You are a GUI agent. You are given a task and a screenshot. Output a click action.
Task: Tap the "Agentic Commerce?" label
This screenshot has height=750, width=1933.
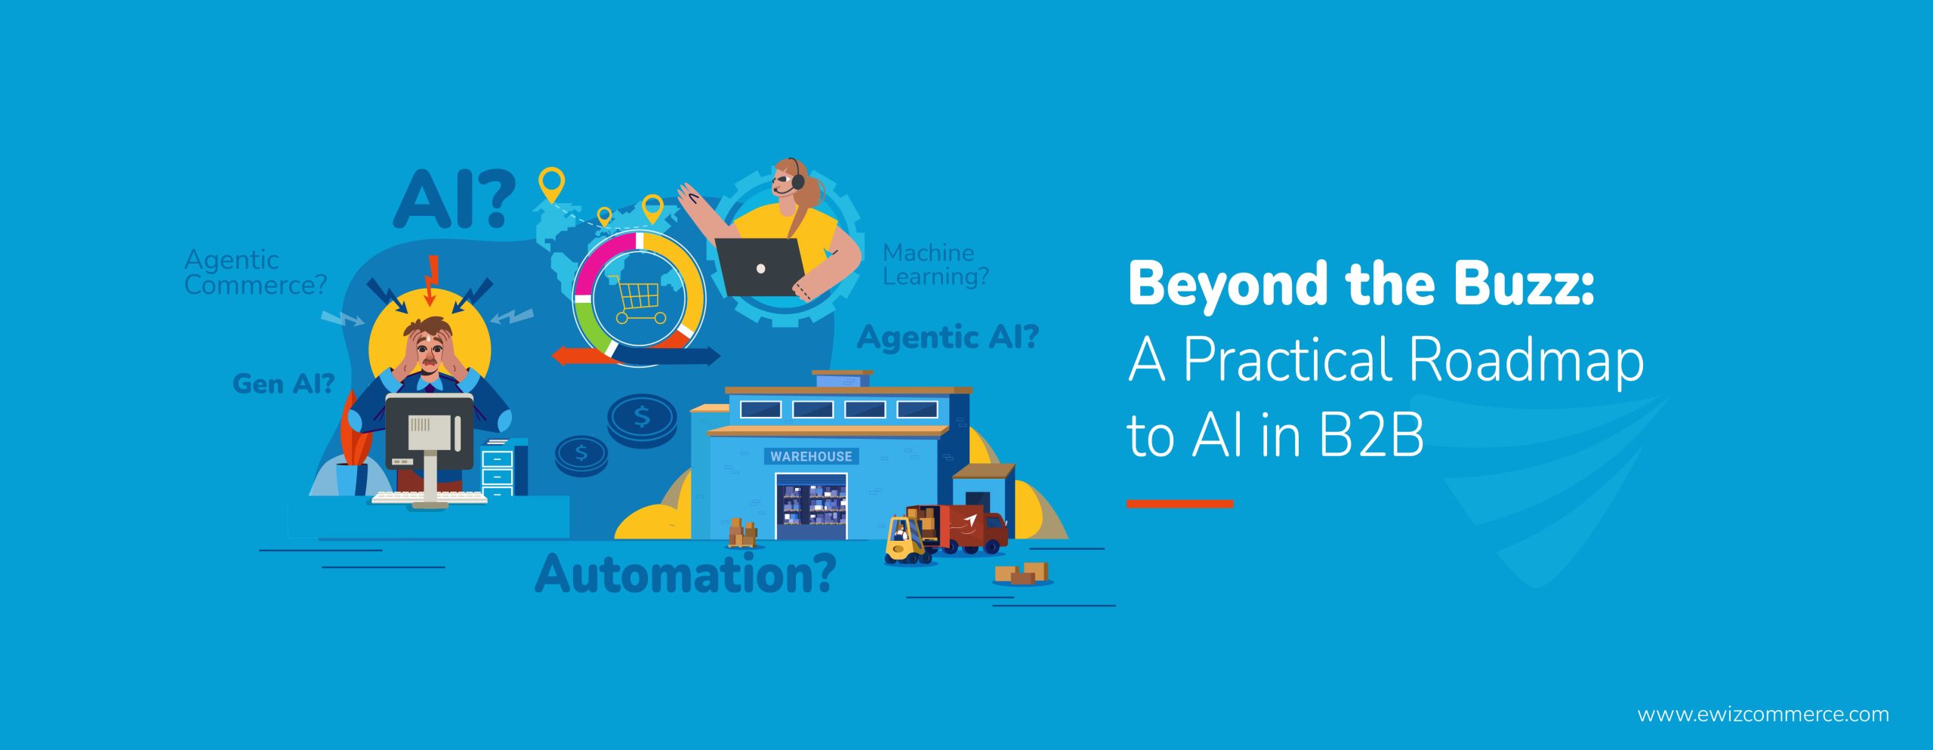[x=255, y=273]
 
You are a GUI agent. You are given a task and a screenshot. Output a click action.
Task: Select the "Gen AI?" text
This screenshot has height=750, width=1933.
[x=283, y=384]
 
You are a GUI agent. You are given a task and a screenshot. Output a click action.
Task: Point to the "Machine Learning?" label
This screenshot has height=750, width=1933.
[x=936, y=264]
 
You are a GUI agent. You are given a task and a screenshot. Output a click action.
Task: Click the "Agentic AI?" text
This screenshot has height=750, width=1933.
[x=948, y=337]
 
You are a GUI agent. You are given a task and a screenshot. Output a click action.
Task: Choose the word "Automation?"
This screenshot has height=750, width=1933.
[x=686, y=574]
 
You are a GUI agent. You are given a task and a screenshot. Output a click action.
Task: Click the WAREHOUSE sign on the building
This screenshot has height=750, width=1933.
[x=811, y=456]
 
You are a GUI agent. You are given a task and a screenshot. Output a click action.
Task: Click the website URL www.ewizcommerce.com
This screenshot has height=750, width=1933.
[x=1763, y=715]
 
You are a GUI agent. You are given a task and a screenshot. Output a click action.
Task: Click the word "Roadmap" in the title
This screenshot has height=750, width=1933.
[x=1526, y=360]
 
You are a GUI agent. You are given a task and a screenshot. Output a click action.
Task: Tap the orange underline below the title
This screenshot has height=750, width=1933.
[x=1179, y=504]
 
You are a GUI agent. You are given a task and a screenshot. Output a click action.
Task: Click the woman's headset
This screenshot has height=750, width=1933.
[x=796, y=177]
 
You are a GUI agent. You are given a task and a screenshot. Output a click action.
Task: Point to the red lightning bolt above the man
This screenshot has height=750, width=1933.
[x=432, y=279]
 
